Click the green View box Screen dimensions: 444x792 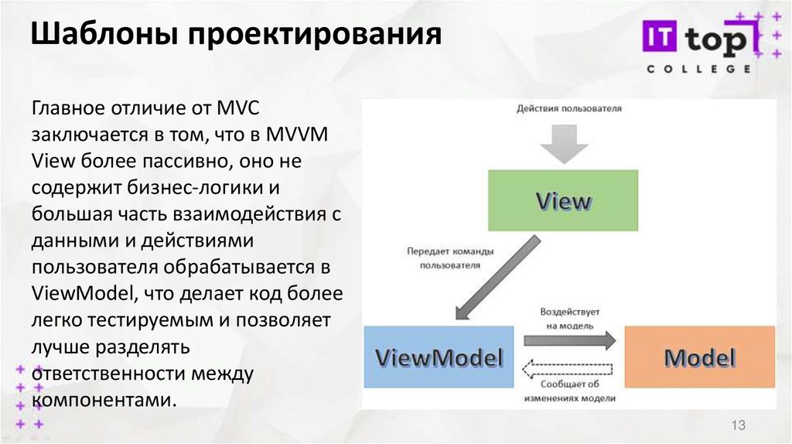(x=562, y=200)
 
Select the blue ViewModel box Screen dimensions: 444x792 (x=439, y=357)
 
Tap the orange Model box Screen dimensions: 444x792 (x=699, y=357)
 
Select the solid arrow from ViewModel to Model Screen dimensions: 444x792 (x=569, y=340)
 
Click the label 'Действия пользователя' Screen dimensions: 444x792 (x=568, y=108)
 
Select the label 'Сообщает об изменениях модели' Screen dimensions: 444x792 (x=570, y=391)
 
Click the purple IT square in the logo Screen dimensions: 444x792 (x=661, y=39)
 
